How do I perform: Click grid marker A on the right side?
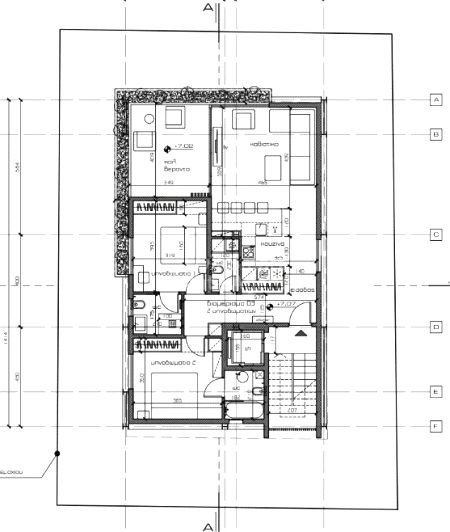pyautogui.click(x=436, y=100)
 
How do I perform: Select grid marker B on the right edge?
pyautogui.click(x=436, y=133)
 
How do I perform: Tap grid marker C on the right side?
pyautogui.click(x=436, y=235)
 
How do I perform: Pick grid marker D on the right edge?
pyautogui.click(x=436, y=327)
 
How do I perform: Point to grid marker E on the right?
pyautogui.click(x=436, y=392)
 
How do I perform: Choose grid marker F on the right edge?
pyautogui.click(x=436, y=425)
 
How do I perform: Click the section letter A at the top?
pyautogui.click(x=208, y=8)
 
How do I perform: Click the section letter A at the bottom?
pyautogui.click(x=208, y=525)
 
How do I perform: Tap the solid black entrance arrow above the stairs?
pyautogui.click(x=300, y=331)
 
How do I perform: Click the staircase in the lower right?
pyautogui.click(x=294, y=380)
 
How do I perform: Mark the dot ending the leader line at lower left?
pyautogui.click(x=58, y=454)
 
